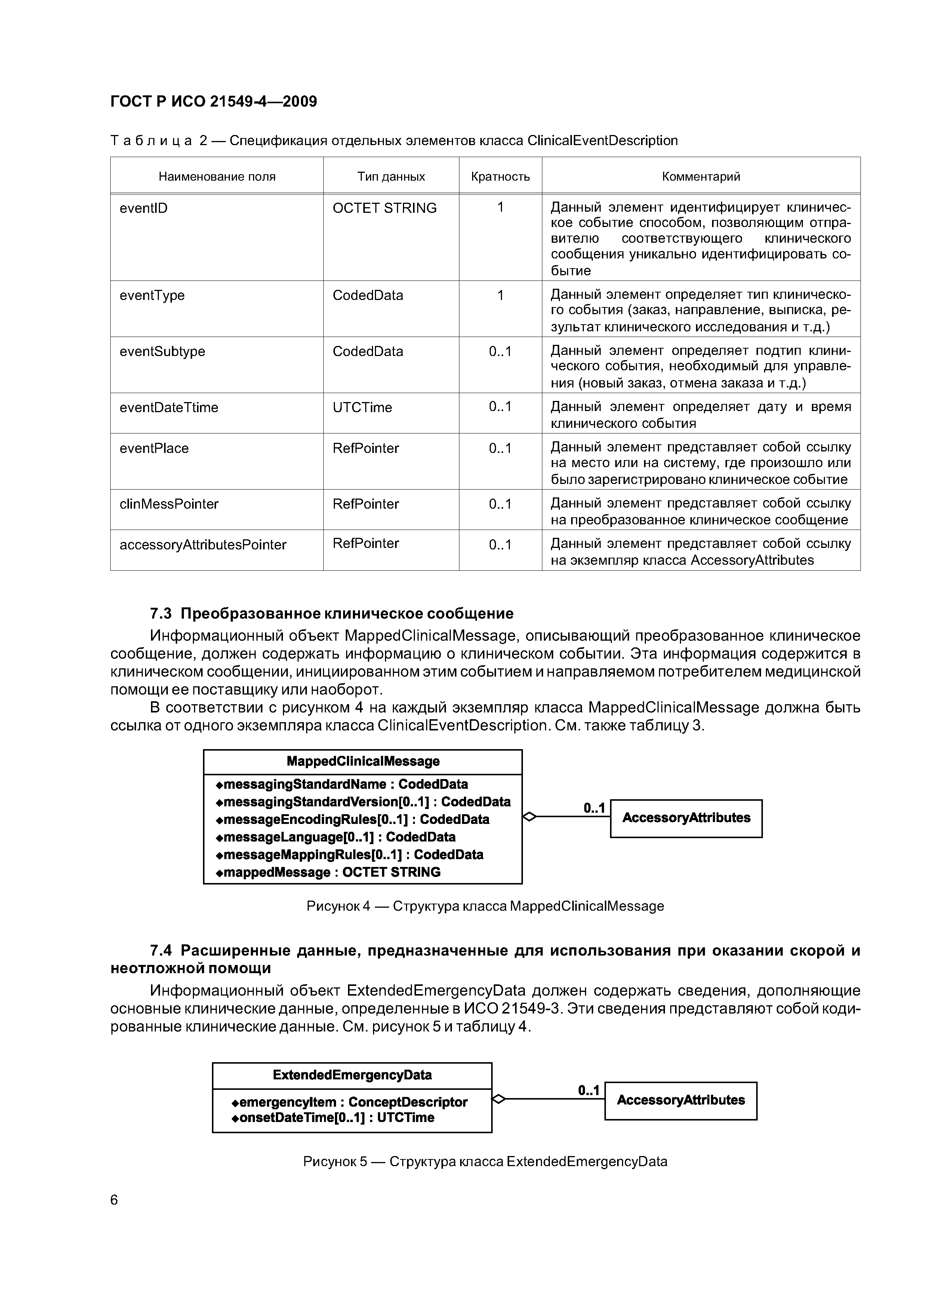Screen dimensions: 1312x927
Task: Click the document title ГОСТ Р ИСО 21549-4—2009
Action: (213, 102)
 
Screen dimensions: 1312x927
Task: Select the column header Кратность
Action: (501, 177)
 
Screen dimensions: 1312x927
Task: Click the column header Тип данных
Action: (391, 177)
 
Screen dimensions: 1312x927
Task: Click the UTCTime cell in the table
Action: (362, 407)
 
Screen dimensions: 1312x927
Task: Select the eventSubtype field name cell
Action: (162, 352)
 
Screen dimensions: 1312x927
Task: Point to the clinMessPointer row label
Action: (169, 504)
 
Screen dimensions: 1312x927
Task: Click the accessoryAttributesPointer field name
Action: (203, 545)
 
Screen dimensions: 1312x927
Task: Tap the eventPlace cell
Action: (154, 448)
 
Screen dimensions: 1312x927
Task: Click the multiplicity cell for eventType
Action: (501, 295)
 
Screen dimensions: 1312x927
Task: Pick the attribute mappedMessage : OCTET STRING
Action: (329, 872)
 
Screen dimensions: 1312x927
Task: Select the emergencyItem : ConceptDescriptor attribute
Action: (349, 1102)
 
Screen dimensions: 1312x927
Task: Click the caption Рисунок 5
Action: (485, 1162)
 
